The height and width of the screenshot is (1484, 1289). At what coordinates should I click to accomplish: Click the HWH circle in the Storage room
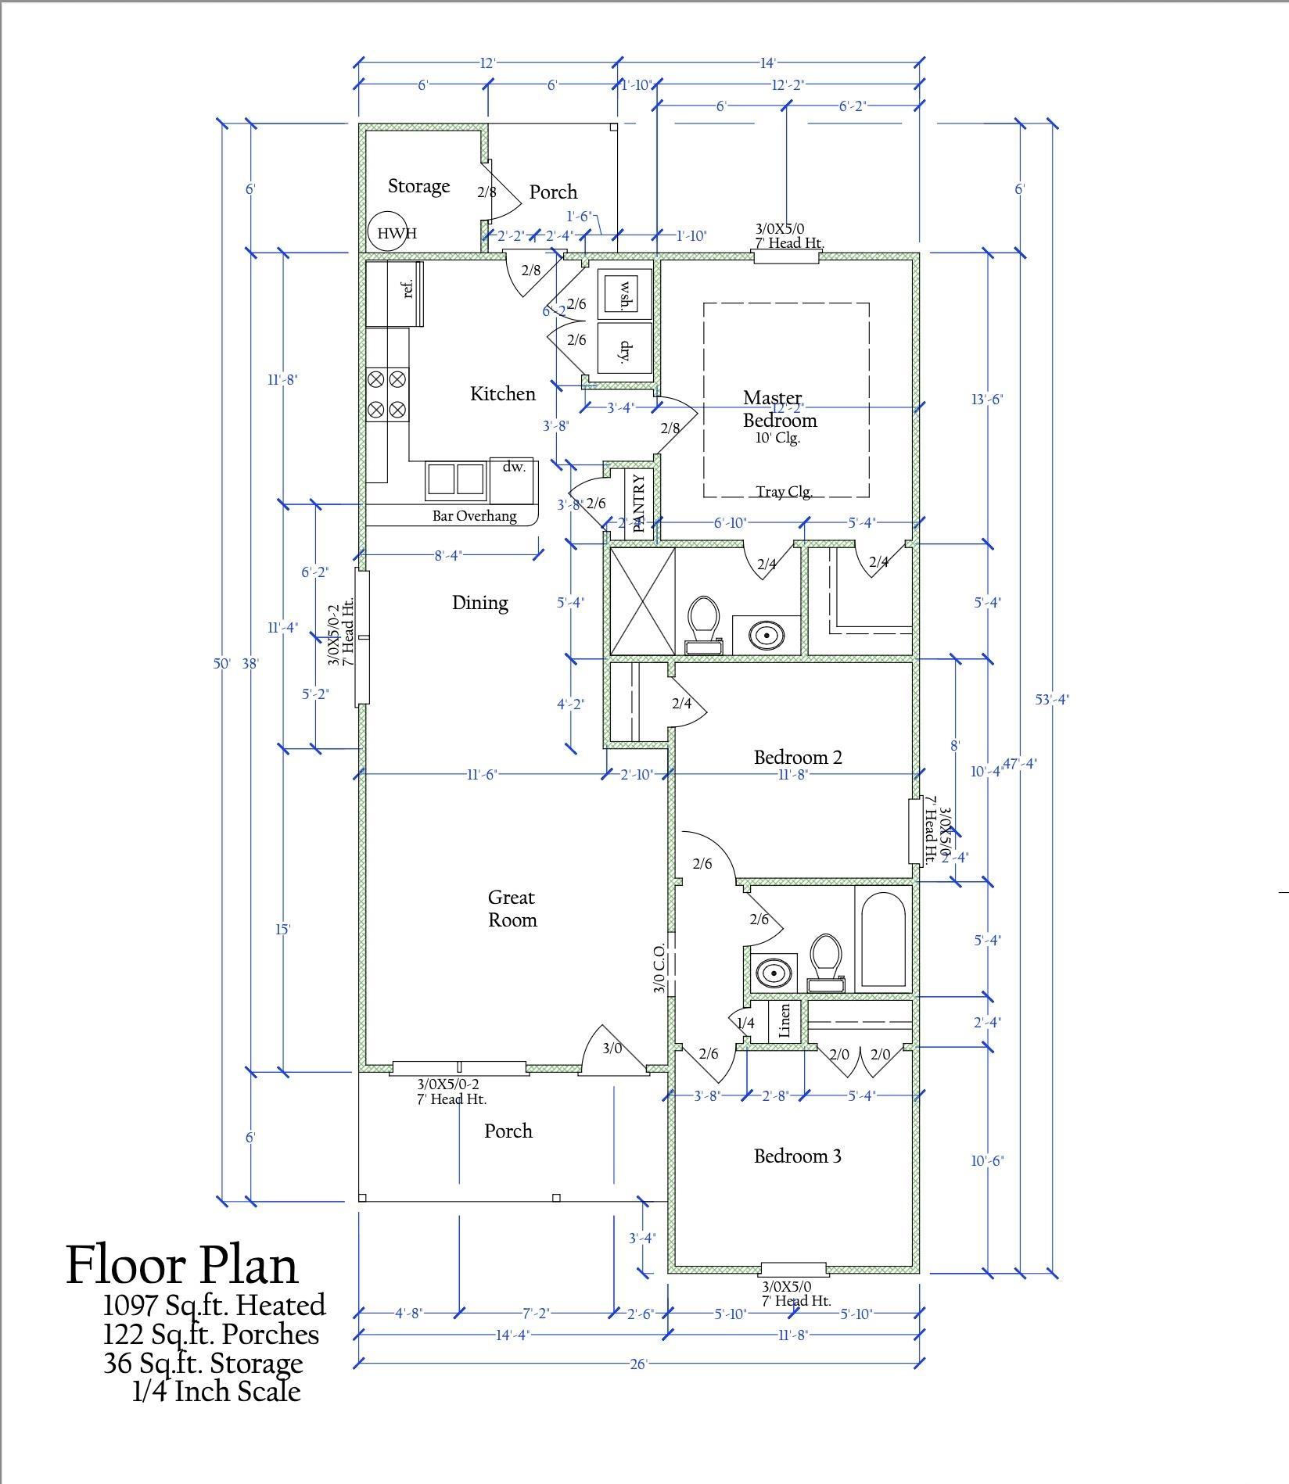(x=389, y=232)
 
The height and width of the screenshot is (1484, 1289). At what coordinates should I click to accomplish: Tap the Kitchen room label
(x=502, y=393)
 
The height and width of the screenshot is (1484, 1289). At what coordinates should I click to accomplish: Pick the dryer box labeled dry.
(x=625, y=351)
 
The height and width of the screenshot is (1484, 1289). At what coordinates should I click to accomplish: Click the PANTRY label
(x=639, y=503)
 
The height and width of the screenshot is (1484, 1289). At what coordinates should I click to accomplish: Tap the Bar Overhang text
(x=474, y=516)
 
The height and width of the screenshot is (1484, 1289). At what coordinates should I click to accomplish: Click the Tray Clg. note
(x=784, y=492)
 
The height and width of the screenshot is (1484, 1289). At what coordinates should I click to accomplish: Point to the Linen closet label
(x=785, y=1020)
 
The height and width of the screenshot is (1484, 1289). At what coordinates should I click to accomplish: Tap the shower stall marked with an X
(x=641, y=601)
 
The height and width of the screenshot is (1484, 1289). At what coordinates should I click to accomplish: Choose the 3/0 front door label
(x=612, y=1048)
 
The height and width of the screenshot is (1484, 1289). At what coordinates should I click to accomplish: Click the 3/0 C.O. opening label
(x=659, y=968)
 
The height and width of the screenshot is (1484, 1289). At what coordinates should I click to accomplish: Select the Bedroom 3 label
(x=797, y=1156)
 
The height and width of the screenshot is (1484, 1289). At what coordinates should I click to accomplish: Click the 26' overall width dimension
(x=638, y=1364)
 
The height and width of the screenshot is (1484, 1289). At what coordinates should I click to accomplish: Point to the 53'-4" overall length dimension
(x=1052, y=699)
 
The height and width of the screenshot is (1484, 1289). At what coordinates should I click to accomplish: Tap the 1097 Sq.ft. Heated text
(x=214, y=1305)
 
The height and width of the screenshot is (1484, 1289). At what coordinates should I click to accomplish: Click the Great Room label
(x=512, y=909)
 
